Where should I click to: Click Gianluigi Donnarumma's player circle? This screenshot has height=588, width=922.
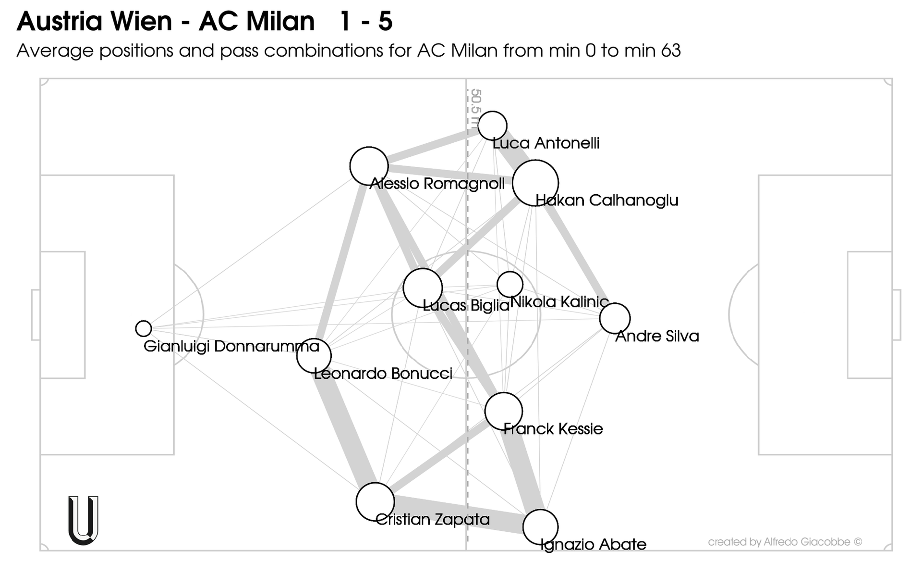(144, 328)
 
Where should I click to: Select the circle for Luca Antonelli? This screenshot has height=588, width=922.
(493, 125)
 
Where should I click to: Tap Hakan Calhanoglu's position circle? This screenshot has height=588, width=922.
(535, 183)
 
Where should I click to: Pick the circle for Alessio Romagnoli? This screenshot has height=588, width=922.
(369, 166)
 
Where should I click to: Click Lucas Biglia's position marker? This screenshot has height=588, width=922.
(423, 288)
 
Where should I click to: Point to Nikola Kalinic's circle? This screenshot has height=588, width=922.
(510, 284)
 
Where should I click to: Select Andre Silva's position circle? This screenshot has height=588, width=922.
(615, 318)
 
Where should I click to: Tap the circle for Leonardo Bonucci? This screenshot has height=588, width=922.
(314, 356)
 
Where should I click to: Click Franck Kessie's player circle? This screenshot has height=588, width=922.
(503, 411)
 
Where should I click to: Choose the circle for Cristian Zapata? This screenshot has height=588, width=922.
(375, 502)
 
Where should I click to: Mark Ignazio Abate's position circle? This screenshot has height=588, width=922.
(540, 527)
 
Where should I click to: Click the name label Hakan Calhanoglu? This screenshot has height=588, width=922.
(607, 200)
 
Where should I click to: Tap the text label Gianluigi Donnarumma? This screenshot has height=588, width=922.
(231, 346)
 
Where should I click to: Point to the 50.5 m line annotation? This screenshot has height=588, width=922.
(475, 108)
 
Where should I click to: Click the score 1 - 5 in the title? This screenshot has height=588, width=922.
(366, 22)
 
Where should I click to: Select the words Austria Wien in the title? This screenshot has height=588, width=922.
(94, 22)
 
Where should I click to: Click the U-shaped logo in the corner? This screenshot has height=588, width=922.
(84, 520)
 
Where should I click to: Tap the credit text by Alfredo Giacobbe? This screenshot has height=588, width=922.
(785, 542)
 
